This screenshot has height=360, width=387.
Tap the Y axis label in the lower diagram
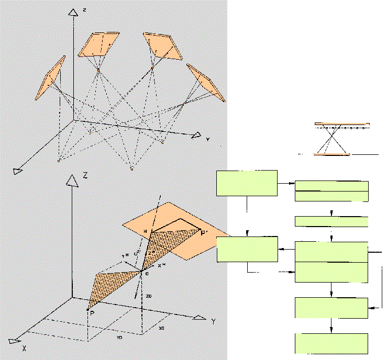pos(213,321)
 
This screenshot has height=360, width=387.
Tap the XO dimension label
pos(161,328)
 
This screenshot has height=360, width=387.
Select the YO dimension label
pos(119,338)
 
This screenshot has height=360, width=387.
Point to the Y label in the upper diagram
pos(207,140)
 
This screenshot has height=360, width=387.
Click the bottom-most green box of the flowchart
pos(332,343)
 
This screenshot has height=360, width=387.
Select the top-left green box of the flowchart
pos(247,183)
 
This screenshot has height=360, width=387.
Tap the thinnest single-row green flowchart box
pos(332,221)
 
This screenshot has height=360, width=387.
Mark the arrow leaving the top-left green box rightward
pos(286,183)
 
